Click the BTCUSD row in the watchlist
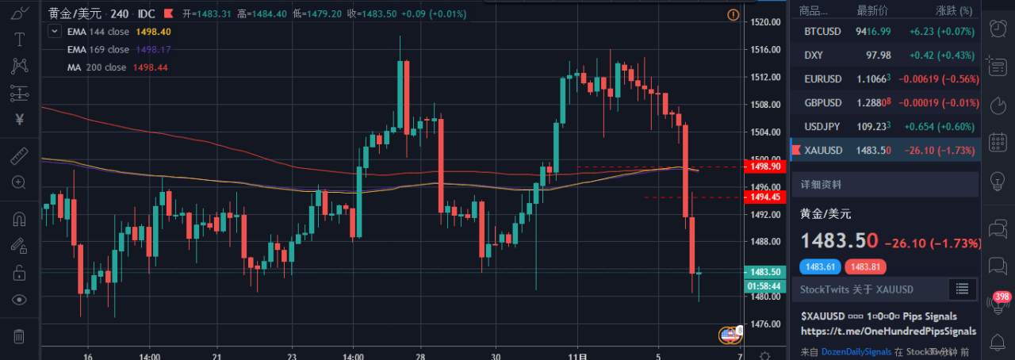tap(822, 32)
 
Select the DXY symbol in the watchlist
tap(814, 56)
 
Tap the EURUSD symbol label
tap(822, 79)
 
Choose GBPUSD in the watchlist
tap(822, 103)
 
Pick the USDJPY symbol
tap(822, 127)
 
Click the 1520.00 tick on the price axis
tap(765, 22)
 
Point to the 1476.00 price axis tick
tap(765, 324)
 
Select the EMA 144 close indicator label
tap(98, 32)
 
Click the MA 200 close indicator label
tap(96, 67)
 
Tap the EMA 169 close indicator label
tap(98, 49)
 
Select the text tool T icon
tap(20, 40)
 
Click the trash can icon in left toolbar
tap(20, 336)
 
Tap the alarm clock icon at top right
tap(998, 29)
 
